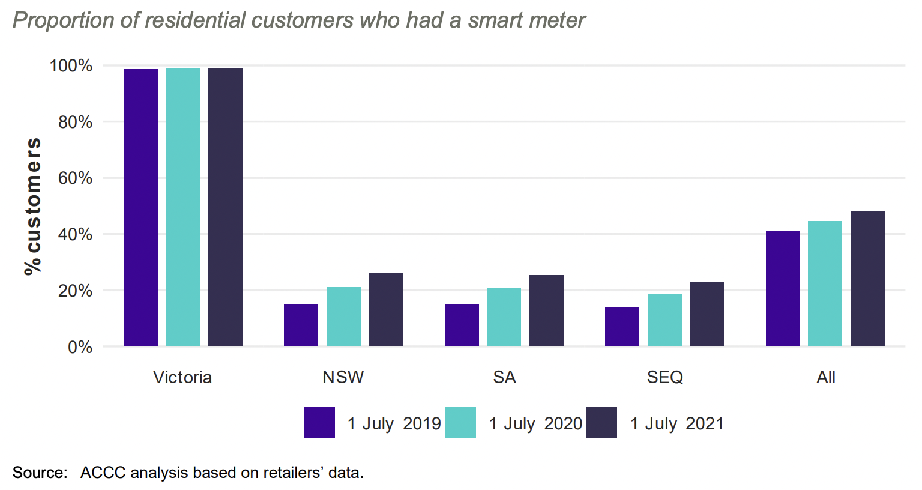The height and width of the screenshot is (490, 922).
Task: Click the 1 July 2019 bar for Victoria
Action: (x=140, y=208)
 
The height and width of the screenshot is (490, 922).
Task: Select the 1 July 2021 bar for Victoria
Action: (x=225, y=208)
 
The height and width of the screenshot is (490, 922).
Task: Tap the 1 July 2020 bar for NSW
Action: (x=343, y=317)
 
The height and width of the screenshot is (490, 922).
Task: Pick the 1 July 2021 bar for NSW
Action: (x=385, y=310)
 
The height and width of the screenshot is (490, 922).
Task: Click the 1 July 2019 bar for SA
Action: (x=462, y=325)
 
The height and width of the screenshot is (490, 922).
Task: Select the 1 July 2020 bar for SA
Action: (x=504, y=318)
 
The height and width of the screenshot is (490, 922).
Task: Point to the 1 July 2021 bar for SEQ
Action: (x=707, y=315)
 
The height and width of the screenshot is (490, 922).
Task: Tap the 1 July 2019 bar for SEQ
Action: (x=622, y=327)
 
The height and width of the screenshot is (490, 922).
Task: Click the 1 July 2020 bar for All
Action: (x=825, y=284)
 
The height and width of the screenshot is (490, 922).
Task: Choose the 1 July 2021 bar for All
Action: (x=867, y=279)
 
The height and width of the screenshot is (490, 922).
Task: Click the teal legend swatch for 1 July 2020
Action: (x=460, y=423)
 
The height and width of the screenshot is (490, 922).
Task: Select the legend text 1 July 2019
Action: (x=394, y=423)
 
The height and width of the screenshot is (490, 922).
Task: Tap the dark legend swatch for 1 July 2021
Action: (x=601, y=423)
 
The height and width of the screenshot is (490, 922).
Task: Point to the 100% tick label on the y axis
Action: (x=71, y=65)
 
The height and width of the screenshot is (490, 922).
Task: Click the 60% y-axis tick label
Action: (x=75, y=178)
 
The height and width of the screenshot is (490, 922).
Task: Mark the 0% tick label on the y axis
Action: (x=80, y=347)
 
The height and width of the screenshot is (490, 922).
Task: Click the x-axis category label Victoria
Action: (x=182, y=377)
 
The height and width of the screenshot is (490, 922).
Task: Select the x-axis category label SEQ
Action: (x=664, y=377)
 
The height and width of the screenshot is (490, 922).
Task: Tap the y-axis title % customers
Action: (x=33, y=206)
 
